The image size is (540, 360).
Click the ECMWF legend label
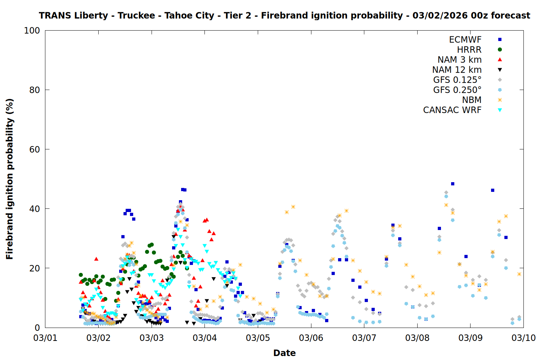465,40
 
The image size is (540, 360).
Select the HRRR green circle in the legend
500,50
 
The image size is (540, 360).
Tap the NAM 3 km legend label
459,60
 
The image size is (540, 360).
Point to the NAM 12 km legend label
457,70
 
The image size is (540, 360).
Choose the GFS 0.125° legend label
457,80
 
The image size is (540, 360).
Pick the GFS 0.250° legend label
457,90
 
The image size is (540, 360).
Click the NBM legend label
472,100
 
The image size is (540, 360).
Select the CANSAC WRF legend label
452,110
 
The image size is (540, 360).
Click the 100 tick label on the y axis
32,31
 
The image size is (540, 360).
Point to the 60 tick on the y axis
35,149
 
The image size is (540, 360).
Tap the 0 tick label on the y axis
37,328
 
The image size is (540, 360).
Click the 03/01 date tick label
45,338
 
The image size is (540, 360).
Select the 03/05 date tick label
258,338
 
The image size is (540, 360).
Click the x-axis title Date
284,353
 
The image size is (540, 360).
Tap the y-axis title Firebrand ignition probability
10,179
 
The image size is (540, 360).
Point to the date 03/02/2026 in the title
440,16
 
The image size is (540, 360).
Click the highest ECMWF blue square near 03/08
453,184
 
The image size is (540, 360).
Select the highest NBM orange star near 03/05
293,207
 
